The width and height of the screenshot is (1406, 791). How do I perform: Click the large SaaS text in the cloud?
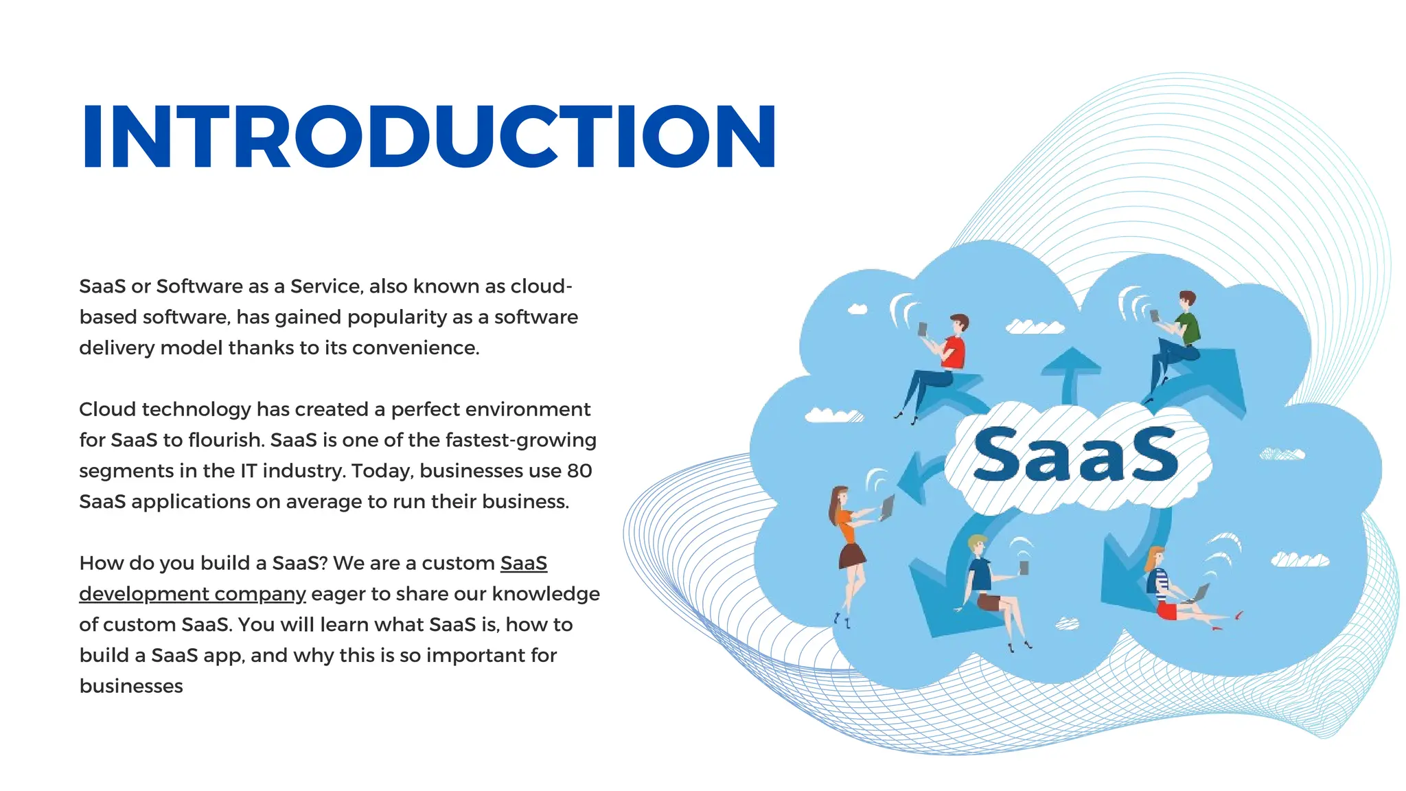(1076, 454)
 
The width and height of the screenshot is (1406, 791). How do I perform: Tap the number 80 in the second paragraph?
(579, 471)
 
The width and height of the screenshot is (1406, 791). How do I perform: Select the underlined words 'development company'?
(192, 594)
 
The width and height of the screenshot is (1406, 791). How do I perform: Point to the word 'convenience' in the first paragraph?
(415, 348)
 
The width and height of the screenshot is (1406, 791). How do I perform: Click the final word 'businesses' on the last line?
(131, 686)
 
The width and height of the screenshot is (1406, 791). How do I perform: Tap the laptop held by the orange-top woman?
(888, 507)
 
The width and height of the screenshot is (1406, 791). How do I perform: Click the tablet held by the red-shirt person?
(923, 329)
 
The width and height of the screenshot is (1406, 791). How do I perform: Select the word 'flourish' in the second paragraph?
(227, 440)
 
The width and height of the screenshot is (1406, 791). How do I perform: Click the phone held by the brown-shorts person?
(1024, 567)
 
